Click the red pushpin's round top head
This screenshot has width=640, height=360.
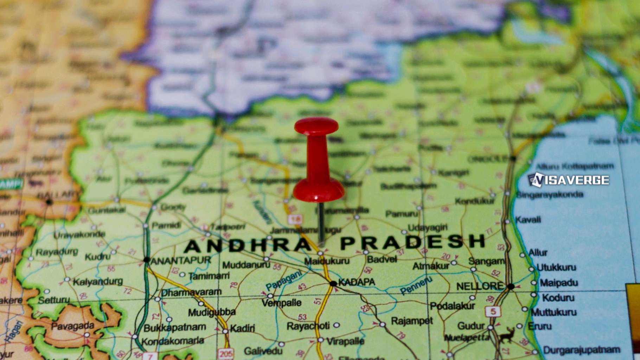(x=316, y=126)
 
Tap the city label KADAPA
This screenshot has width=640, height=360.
(x=357, y=282)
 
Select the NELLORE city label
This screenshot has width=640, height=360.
(x=480, y=286)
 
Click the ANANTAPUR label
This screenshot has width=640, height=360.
(x=180, y=261)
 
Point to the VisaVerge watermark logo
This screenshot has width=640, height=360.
(x=569, y=180)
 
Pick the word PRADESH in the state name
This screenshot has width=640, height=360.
(x=413, y=242)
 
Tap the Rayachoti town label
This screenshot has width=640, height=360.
(x=308, y=326)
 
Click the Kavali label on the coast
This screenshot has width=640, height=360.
(x=528, y=220)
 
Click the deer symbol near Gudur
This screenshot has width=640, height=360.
(x=507, y=335)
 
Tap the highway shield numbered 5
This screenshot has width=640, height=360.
(x=493, y=311)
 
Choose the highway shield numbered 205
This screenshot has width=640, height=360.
(x=225, y=354)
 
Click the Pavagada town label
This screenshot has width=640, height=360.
(x=72, y=326)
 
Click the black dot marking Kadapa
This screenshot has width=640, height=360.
(x=333, y=283)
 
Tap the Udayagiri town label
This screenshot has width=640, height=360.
(x=428, y=228)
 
